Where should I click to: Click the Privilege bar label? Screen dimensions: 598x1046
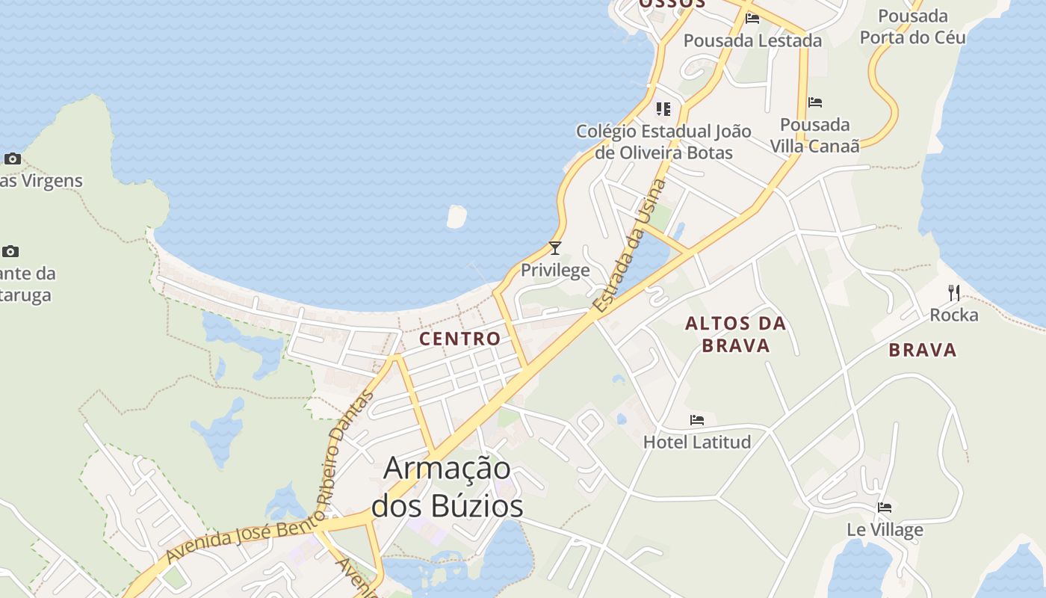point(555,270)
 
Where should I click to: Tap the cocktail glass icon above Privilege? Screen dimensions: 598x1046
point(554,248)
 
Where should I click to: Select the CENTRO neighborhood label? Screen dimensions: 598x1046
point(459,339)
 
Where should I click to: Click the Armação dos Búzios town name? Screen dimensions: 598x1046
point(448,487)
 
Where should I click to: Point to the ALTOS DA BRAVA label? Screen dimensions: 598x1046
point(736,334)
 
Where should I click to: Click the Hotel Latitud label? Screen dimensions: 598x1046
point(697,442)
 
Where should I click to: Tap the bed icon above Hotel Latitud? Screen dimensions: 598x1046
point(697,420)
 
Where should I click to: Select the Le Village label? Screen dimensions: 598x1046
point(885,530)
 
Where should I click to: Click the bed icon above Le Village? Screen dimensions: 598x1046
point(885,508)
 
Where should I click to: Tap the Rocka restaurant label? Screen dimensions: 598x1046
point(953,315)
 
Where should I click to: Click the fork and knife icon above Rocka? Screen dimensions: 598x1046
point(953,292)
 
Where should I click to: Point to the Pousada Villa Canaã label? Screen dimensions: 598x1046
point(814,135)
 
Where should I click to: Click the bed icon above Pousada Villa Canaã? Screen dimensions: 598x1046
point(815,102)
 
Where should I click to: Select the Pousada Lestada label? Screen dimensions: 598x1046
point(752,40)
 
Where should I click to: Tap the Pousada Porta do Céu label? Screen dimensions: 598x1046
point(912,26)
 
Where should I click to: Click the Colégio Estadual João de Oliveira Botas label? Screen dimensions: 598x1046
point(663,142)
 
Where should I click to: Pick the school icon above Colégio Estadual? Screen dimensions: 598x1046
point(663,110)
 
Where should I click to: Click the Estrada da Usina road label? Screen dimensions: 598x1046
point(628,247)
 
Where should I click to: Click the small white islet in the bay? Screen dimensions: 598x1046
point(456,217)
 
